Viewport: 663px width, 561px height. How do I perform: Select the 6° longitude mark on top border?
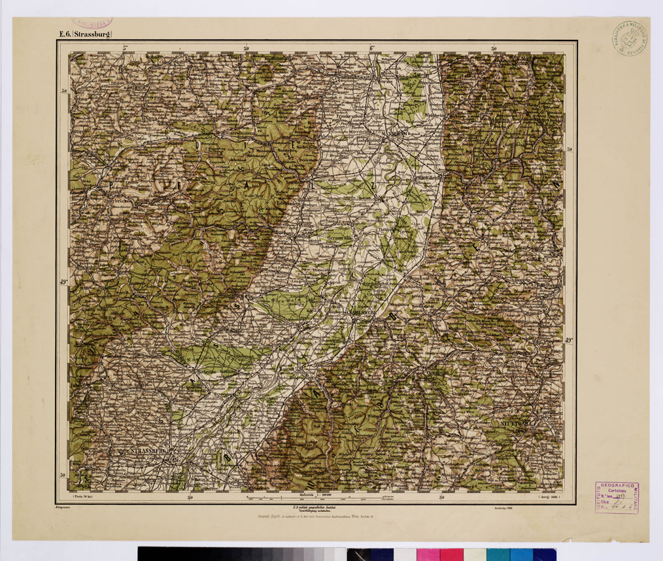[x=371, y=47]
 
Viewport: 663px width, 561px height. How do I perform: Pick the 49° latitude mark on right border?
[x=569, y=340]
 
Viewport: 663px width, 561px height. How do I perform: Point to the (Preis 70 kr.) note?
[x=86, y=497]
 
